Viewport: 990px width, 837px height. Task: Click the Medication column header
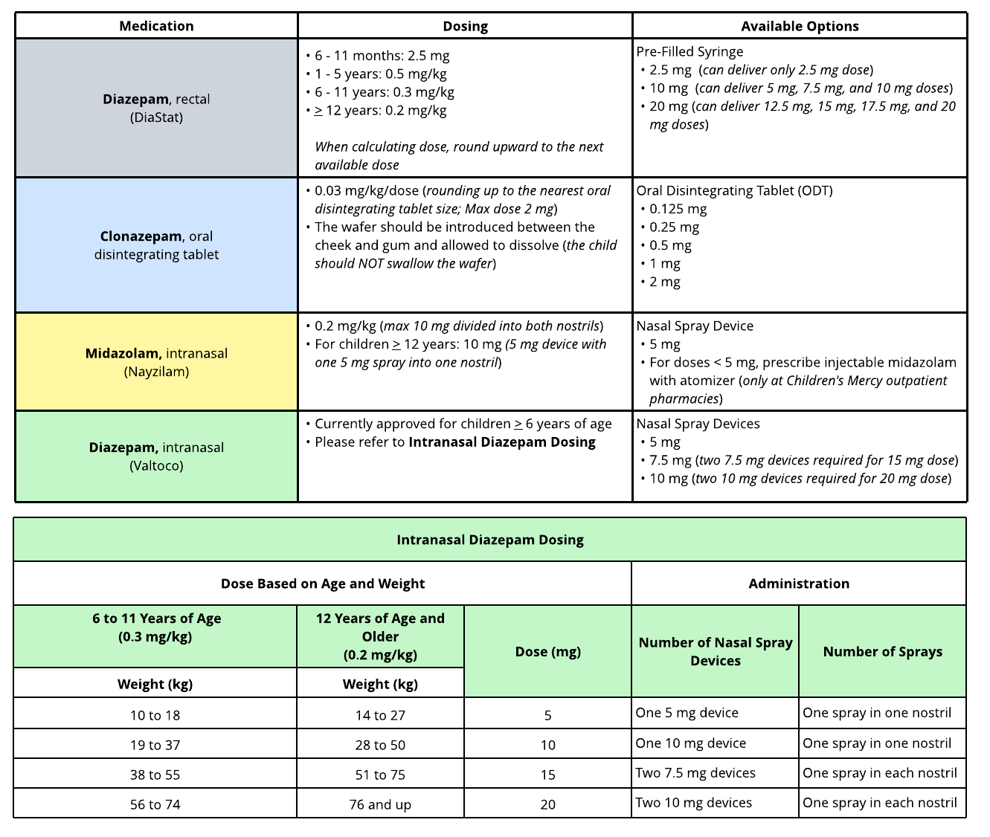pyautogui.click(x=156, y=26)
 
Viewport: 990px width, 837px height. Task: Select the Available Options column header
pyautogui.click(x=800, y=26)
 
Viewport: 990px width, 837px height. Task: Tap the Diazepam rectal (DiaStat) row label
pyautogui.click(x=156, y=108)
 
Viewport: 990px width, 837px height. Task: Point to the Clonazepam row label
pyautogui.click(x=156, y=245)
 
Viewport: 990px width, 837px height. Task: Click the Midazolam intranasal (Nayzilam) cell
pyautogui.click(x=156, y=362)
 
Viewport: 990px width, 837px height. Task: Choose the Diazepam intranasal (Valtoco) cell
pyautogui.click(x=156, y=456)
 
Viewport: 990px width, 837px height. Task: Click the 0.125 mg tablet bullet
pyautogui.click(x=678, y=209)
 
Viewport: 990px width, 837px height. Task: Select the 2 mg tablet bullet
pyautogui.click(x=664, y=282)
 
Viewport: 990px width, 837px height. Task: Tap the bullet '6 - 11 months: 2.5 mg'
pyautogui.click(x=382, y=56)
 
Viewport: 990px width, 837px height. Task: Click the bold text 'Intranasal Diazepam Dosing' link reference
pyautogui.click(x=502, y=442)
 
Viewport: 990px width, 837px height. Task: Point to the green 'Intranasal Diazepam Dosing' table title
pyautogui.click(x=490, y=540)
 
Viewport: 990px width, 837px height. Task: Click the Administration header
pyautogui.click(x=799, y=584)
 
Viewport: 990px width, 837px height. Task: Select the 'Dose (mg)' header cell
pyautogui.click(x=548, y=652)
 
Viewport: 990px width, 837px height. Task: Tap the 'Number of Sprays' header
pyautogui.click(x=882, y=652)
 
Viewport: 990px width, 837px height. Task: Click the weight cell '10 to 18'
pyautogui.click(x=155, y=715)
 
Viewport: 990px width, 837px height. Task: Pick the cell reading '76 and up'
pyautogui.click(x=380, y=804)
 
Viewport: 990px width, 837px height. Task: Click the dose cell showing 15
pyautogui.click(x=548, y=775)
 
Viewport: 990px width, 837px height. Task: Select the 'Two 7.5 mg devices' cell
pyautogui.click(x=695, y=773)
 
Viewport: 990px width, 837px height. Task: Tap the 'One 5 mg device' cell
pyautogui.click(x=687, y=713)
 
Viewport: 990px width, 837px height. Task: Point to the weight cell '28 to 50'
pyautogui.click(x=380, y=745)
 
